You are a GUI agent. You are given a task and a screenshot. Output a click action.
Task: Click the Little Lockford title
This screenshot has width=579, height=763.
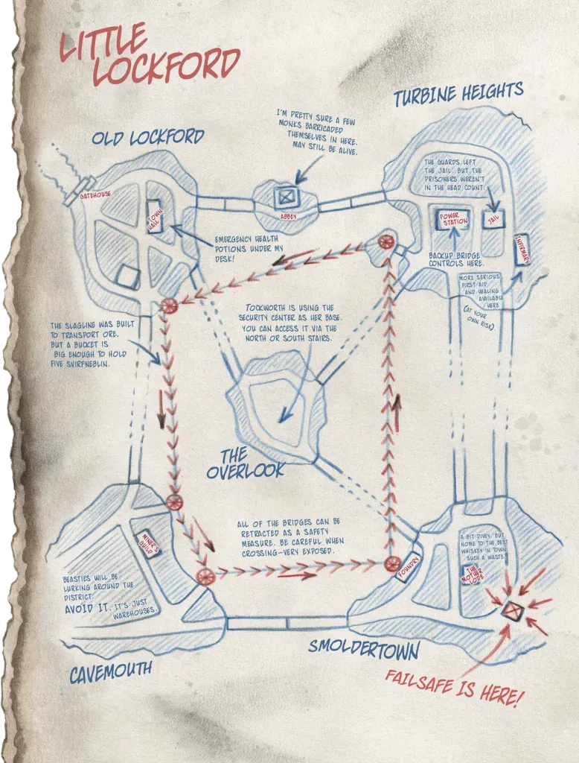pyautogui.click(x=149, y=56)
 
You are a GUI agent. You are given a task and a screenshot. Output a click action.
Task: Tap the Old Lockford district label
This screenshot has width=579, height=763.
pyautogui.click(x=147, y=138)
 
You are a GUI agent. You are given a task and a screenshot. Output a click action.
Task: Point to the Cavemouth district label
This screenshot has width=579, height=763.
pyautogui.click(x=112, y=671)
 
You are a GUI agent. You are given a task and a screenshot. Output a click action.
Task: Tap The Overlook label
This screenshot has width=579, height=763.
pyautogui.click(x=245, y=462)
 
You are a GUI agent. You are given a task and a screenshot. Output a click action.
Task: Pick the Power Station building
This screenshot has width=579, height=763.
pyautogui.click(x=453, y=219)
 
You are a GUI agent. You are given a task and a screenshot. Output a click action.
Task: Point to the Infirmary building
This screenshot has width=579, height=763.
pyautogui.click(x=521, y=250)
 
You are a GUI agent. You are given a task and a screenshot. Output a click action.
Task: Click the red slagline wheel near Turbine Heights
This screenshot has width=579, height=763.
pyautogui.click(x=386, y=241)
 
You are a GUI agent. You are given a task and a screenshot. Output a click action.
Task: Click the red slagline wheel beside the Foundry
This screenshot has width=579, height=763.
pyautogui.click(x=392, y=564)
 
